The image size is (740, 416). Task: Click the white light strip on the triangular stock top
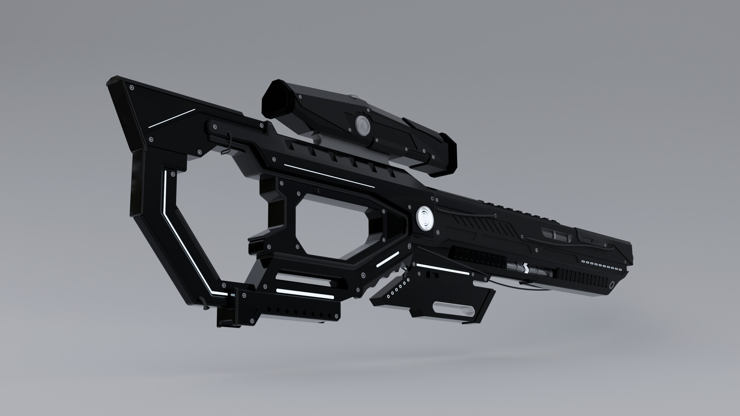pos(172,118)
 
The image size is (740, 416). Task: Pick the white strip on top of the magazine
pos(438,269)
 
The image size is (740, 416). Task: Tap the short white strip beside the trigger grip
pos(388,259)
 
